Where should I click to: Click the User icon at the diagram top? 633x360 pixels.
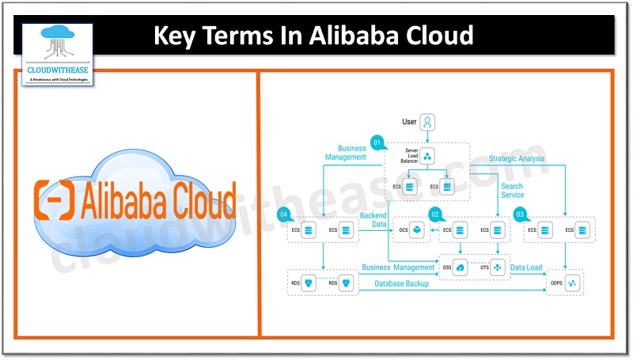click(x=428, y=123)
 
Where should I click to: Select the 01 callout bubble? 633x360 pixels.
click(x=377, y=142)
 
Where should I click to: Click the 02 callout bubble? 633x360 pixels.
click(x=434, y=214)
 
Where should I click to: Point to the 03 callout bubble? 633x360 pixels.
click(x=520, y=214)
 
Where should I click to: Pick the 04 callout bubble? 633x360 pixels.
click(x=283, y=214)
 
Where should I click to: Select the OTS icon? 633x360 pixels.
click(x=497, y=267)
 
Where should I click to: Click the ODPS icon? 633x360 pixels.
click(x=571, y=282)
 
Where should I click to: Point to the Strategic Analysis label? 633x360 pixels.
click(x=516, y=159)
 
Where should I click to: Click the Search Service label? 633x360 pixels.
click(x=512, y=191)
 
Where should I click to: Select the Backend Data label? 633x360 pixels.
click(x=373, y=220)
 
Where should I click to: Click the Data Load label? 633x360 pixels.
click(x=525, y=268)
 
